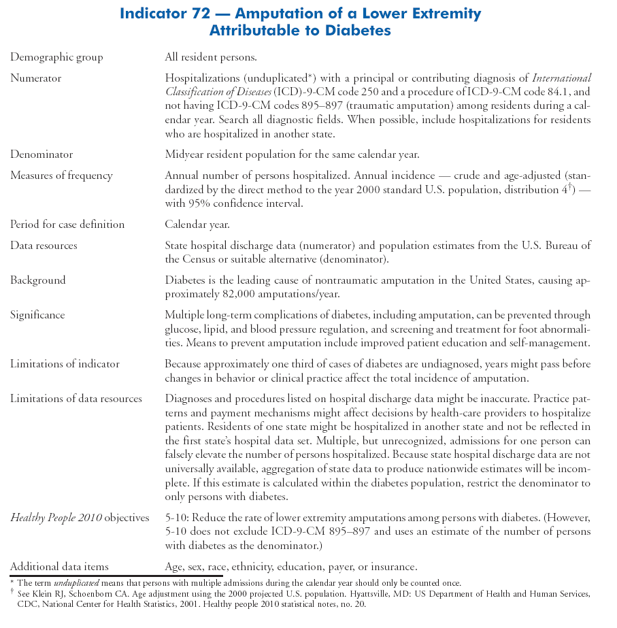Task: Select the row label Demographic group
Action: pos(56,57)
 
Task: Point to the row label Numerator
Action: pos(35,78)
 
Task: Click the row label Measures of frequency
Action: pos(61,176)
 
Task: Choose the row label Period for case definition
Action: pos(67,225)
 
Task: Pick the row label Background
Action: pos(37,280)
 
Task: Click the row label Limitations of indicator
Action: pos(65,364)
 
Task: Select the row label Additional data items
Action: pos(59,566)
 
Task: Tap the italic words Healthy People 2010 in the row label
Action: pos(56,518)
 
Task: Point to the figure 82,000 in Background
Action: pos(263,294)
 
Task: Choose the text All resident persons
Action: pos(210,57)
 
